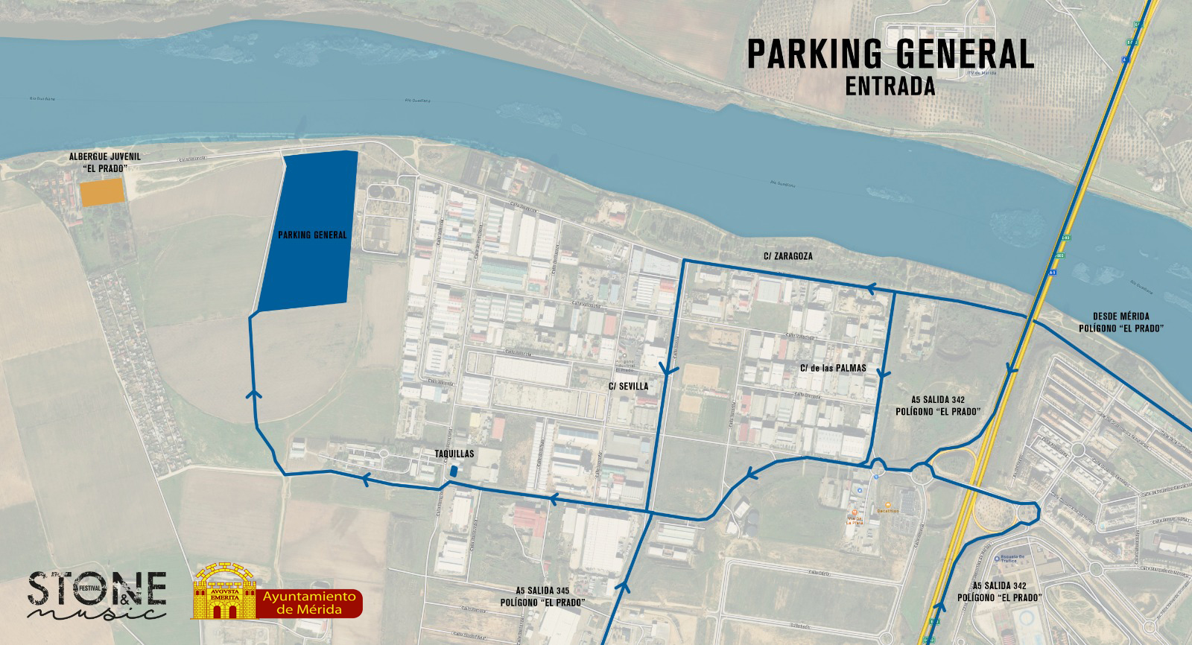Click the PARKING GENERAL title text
[x=890, y=54]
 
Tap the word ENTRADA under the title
[x=890, y=86]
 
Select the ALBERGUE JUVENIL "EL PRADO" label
[x=104, y=162]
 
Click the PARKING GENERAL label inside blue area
[x=312, y=235]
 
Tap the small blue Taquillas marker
[x=453, y=471]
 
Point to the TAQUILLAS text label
[x=454, y=454]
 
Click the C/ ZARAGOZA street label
[x=787, y=256]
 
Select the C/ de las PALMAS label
[x=833, y=368]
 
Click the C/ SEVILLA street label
[x=628, y=387]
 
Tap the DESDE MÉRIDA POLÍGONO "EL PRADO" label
[x=1121, y=322]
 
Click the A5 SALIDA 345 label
[x=542, y=596]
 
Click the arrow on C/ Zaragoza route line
[x=870, y=289]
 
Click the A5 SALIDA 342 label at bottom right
[x=999, y=591]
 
